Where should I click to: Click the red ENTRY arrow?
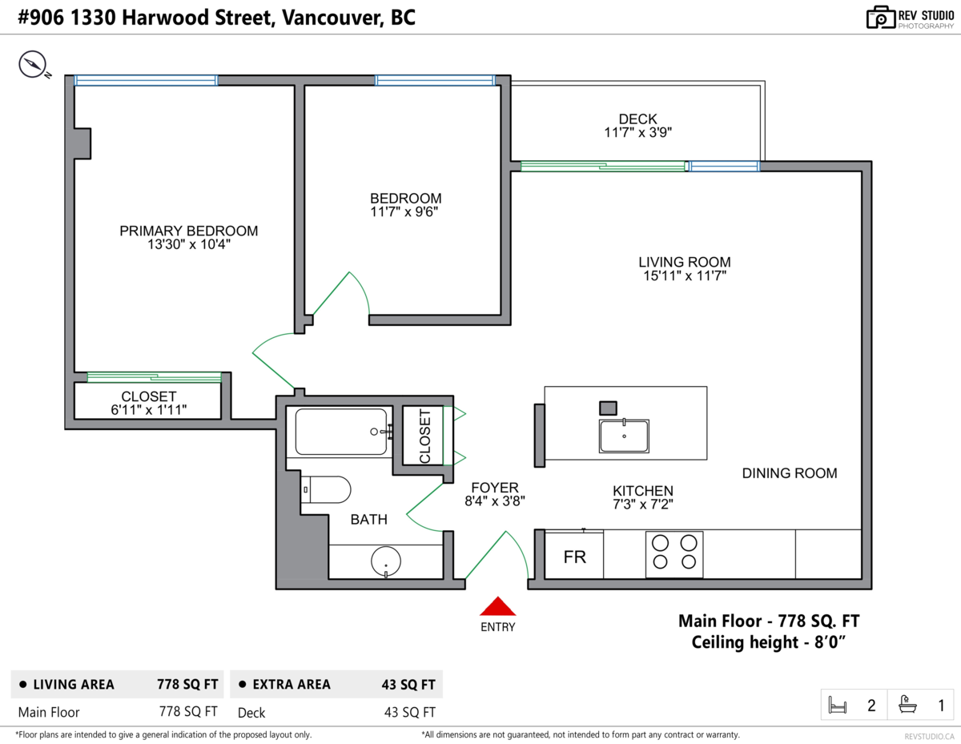click(497, 606)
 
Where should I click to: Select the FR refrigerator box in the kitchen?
click(574, 557)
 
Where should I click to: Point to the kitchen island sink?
click(624, 436)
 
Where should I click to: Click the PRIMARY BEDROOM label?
click(189, 231)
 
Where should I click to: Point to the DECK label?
click(637, 119)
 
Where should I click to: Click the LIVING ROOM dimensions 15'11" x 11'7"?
click(684, 276)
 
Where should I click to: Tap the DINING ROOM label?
click(789, 473)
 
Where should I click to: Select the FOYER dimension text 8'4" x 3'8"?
click(494, 502)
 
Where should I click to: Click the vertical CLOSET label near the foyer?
click(424, 436)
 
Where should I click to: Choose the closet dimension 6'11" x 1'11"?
click(148, 410)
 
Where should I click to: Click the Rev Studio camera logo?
click(880, 18)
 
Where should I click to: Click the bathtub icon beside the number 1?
click(908, 706)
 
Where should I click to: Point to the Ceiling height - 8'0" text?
click(769, 642)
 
